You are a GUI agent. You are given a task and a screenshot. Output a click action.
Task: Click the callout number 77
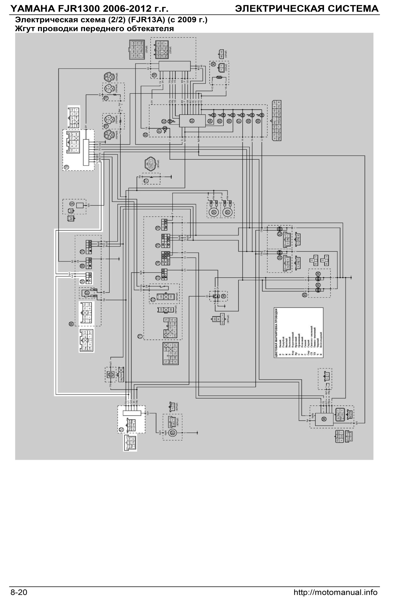tap(146, 181)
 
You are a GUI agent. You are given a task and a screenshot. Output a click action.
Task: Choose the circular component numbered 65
tap(111, 374)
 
